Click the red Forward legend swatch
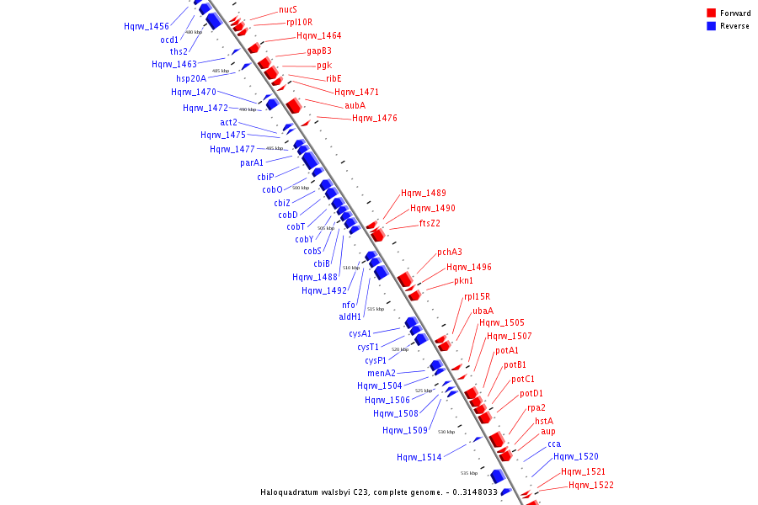[x=712, y=13]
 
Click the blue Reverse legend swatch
[x=712, y=26]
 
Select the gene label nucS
[x=287, y=10]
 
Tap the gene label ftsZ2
[x=430, y=224]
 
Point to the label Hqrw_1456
[x=147, y=27]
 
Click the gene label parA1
[x=252, y=163]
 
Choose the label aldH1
[x=350, y=317]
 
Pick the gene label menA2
[x=382, y=373]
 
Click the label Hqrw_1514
[x=419, y=458]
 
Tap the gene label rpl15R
[x=477, y=297]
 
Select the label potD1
[x=531, y=394]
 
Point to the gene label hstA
[x=544, y=421]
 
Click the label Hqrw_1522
[x=591, y=486]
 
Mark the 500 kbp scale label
[x=301, y=188]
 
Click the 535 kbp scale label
[x=469, y=473]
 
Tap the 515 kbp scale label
[x=376, y=309]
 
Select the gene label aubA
[x=355, y=106]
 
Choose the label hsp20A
[x=191, y=78]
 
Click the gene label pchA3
[x=450, y=252]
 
